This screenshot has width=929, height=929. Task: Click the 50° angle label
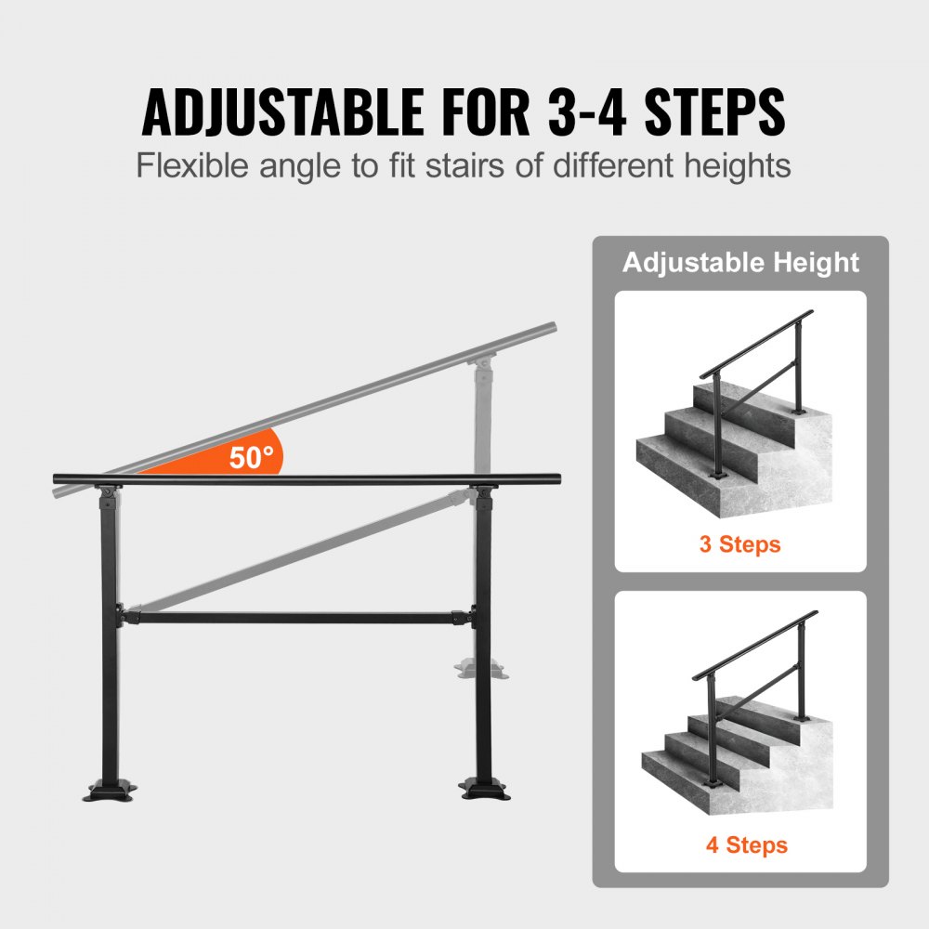coord(252,457)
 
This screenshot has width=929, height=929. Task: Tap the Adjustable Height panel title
coord(740,263)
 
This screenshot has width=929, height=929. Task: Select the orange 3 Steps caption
coord(739,543)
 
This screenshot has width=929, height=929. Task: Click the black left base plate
coord(111,792)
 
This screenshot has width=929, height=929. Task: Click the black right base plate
coord(484,790)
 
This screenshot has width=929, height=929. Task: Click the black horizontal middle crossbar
coord(297,616)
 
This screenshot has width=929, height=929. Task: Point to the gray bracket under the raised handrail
coord(482,362)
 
